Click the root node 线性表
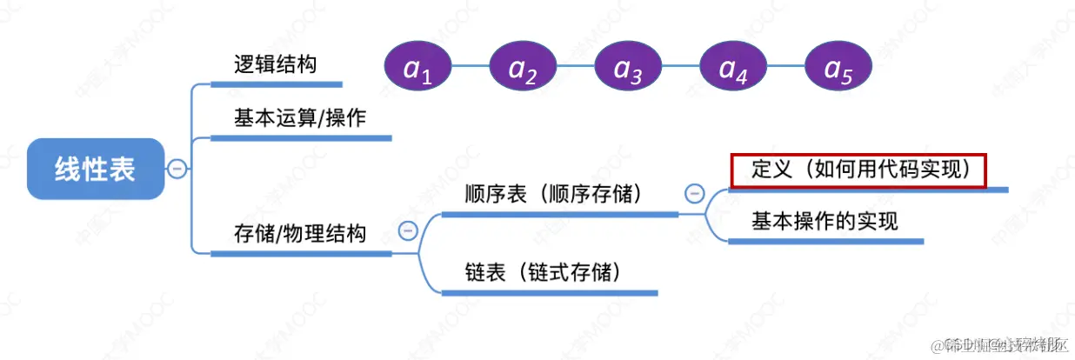click(95, 169)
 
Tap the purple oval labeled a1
click(419, 67)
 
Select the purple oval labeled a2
click(524, 67)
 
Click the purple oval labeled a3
click(629, 67)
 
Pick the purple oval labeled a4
click(734, 67)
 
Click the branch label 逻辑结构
click(275, 64)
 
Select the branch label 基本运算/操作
click(300, 118)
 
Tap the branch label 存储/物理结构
click(300, 233)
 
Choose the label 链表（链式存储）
click(544, 272)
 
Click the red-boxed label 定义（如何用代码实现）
click(858, 170)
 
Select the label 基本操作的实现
click(825, 221)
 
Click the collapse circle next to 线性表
click(177, 169)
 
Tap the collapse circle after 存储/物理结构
click(407, 230)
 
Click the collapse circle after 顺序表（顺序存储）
click(694, 193)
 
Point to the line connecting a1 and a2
click(471, 67)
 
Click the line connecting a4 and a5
click(786, 67)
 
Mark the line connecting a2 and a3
click(576, 67)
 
